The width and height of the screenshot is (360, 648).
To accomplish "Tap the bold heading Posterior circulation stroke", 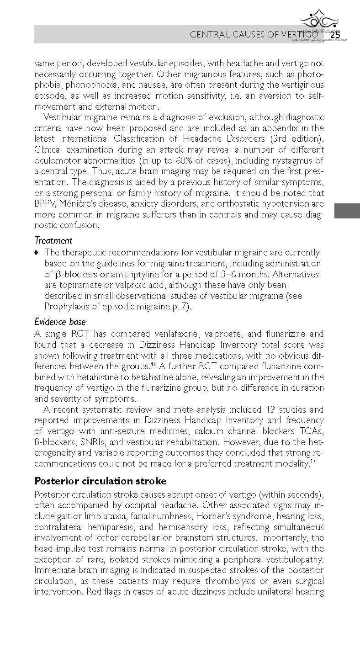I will [x=101, y=481].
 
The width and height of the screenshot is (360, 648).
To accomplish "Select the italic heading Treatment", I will [x=53, y=240].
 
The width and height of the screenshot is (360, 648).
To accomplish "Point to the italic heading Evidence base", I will [x=60, y=322].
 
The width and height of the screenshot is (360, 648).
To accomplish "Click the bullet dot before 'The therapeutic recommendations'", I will [x=37, y=252].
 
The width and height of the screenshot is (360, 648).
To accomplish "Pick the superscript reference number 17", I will [x=313, y=462].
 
